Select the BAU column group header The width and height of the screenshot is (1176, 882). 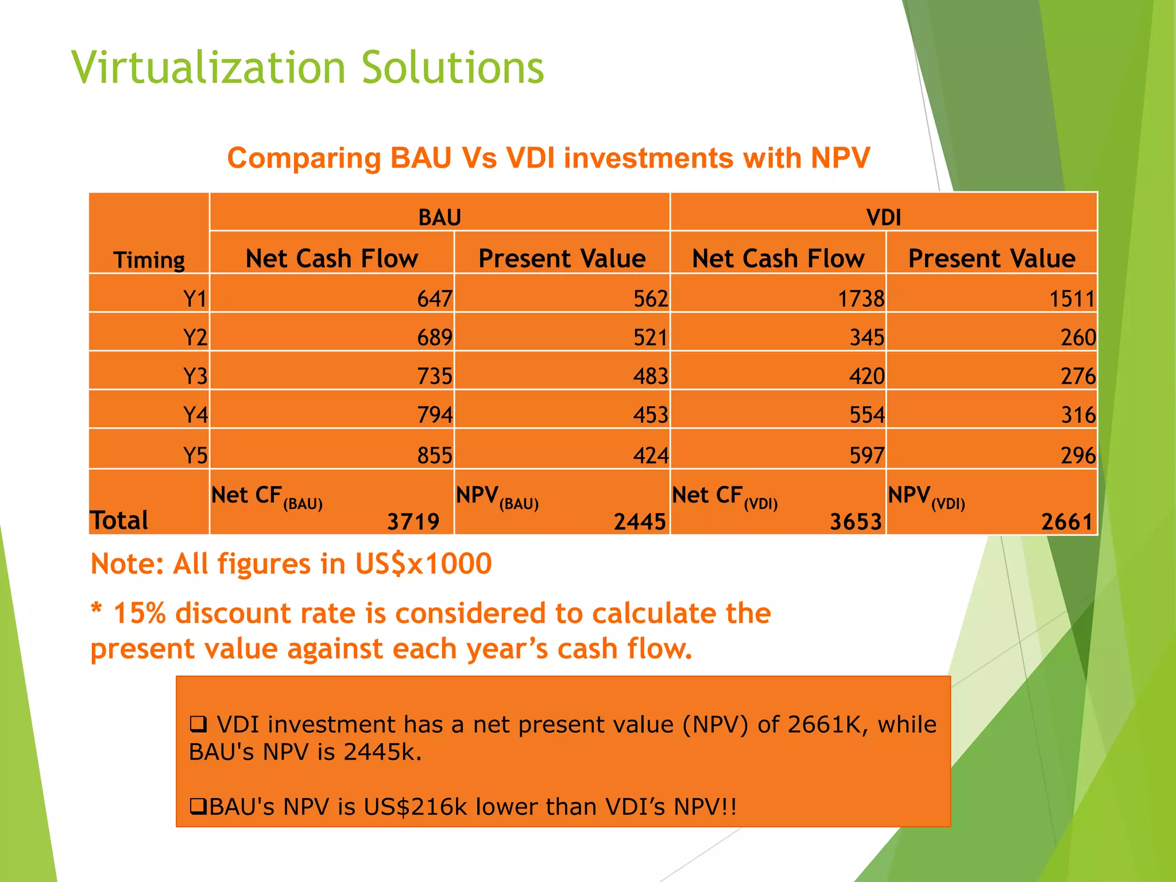[x=439, y=218]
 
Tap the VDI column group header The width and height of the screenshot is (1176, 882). [x=883, y=218]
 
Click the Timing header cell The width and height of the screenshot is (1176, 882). [x=149, y=260]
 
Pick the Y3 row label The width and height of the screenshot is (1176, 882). [x=195, y=376]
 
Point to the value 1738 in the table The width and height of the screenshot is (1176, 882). [x=860, y=299]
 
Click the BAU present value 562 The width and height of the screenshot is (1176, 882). [x=651, y=299]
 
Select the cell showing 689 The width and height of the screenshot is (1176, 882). [x=434, y=337]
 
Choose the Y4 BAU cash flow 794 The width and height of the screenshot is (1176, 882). [x=434, y=415]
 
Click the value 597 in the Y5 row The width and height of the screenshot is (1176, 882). [x=866, y=455]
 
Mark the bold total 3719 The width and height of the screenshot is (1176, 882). [x=413, y=521]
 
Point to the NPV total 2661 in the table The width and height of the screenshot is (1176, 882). [x=1066, y=521]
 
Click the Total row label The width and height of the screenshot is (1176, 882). [x=119, y=520]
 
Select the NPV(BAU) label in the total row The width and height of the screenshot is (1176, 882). [x=497, y=497]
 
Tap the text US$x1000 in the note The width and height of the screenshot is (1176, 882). [x=423, y=563]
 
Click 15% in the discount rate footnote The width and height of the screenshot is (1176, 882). [x=140, y=613]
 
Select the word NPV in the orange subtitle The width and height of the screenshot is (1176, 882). [x=840, y=158]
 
